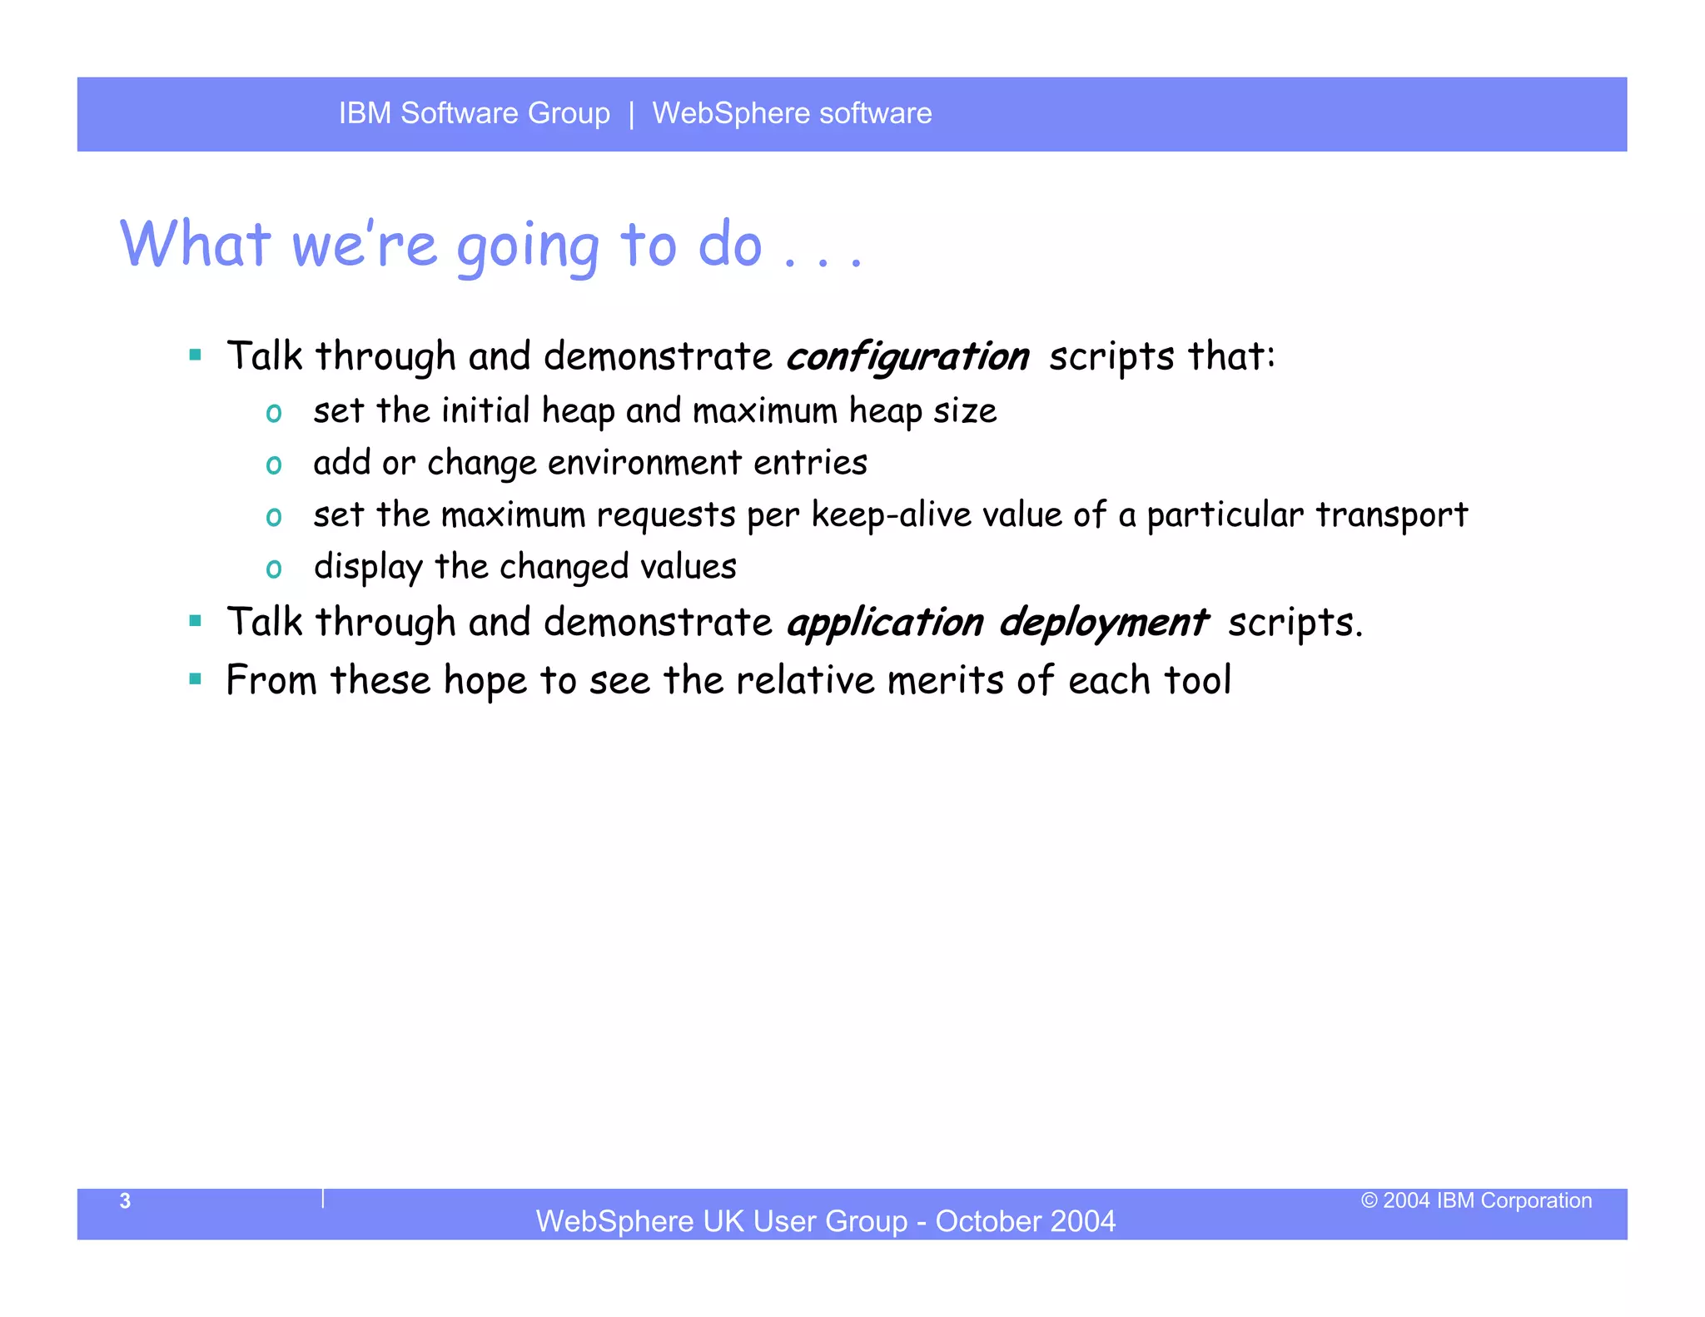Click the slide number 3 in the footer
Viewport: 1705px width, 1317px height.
[x=125, y=1200]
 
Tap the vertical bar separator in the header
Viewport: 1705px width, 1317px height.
[x=631, y=114]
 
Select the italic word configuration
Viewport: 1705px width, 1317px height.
[x=907, y=357]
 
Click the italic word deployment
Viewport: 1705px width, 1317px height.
[x=1103, y=624]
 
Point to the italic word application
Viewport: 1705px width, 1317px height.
[x=885, y=624]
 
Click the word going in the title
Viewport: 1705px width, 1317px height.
[x=528, y=246]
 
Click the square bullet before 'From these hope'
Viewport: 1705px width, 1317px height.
[x=196, y=679]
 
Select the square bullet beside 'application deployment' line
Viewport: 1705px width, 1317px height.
[x=196, y=621]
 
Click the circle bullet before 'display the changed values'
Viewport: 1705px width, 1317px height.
[x=274, y=569]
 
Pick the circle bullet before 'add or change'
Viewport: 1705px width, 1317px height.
[x=274, y=465]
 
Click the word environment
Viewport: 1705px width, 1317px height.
[x=644, y=463]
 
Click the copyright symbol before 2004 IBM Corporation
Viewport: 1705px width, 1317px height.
[x=1369, y=1200]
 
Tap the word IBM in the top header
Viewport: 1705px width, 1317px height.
[x=365, y=113]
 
